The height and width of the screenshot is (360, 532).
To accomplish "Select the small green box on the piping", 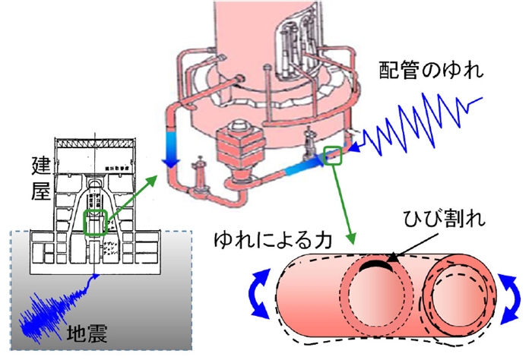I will (x=333, y=155).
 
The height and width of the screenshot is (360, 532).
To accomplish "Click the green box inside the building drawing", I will (x=94, y=224).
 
